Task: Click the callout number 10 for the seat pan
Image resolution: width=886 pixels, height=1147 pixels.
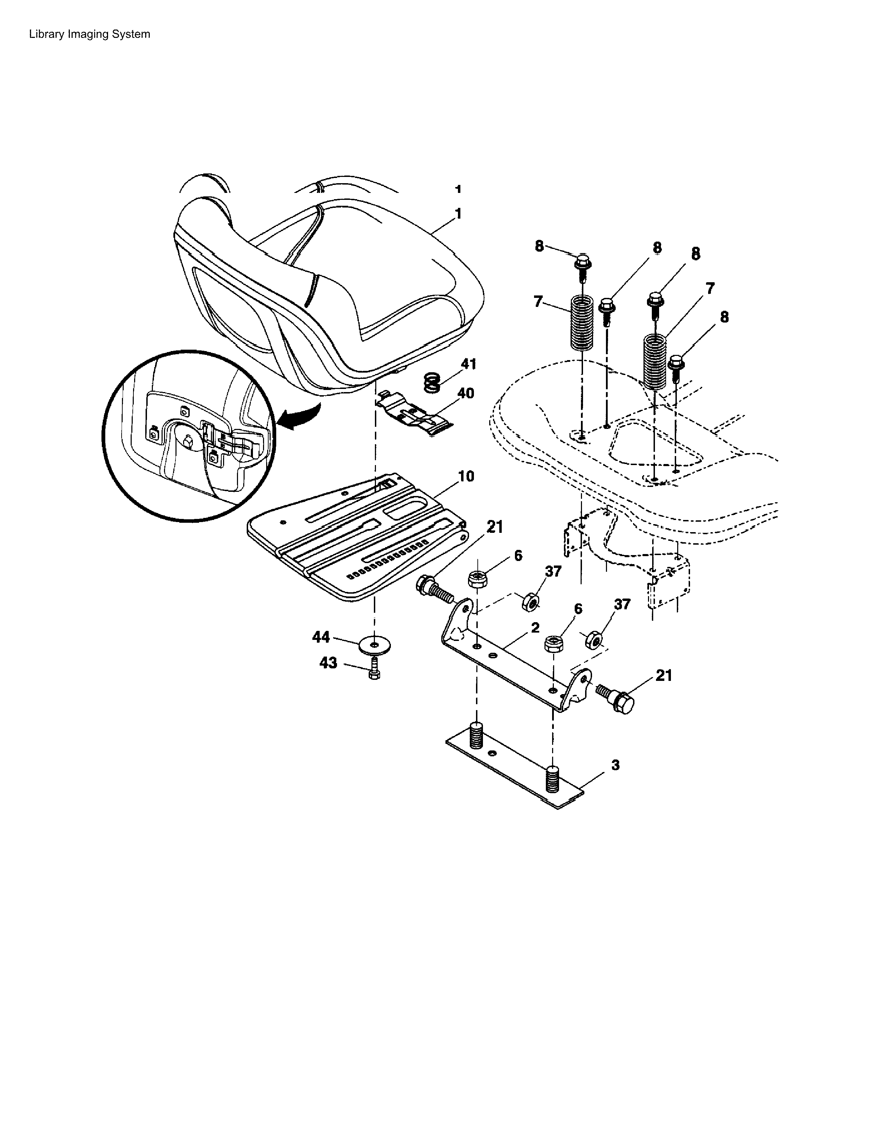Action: click(466, 476)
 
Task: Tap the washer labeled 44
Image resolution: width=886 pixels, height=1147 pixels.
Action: click(374, 644)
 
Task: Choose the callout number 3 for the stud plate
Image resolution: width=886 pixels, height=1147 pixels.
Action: click(615, 765)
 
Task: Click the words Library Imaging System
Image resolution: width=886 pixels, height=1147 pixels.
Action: click(90, 34)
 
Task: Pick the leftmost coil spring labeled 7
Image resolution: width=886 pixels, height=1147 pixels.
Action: click(582, 323)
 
